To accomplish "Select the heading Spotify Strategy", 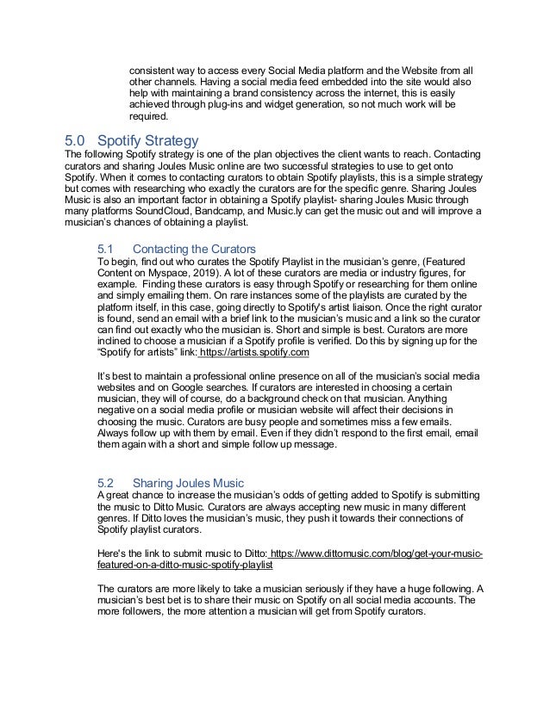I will (147, 139).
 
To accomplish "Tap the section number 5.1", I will (105, 250).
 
